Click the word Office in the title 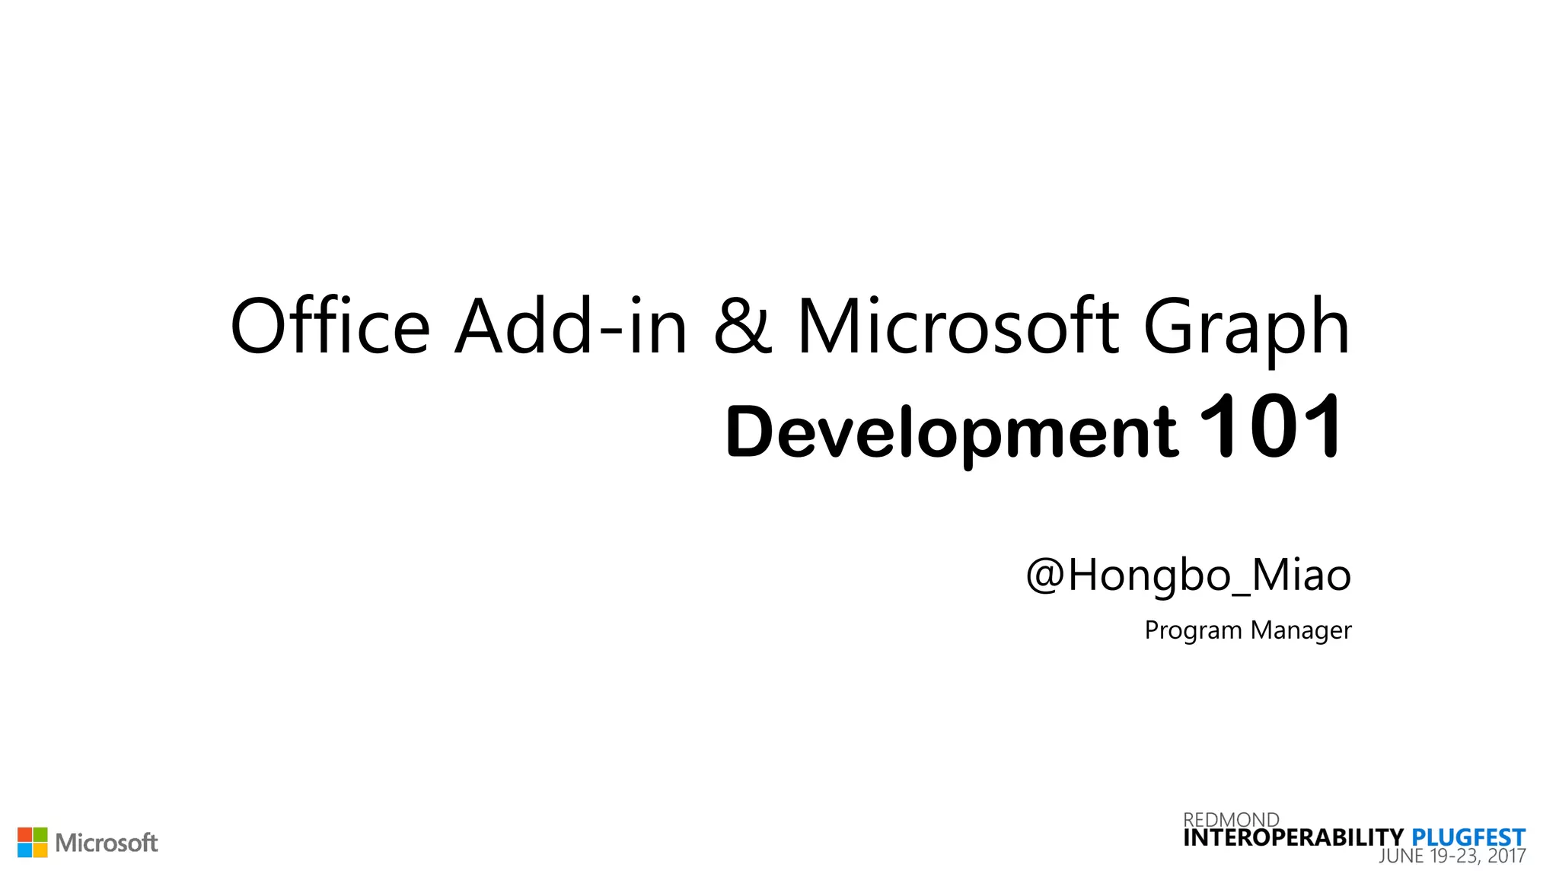[x=330, y=327]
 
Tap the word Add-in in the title [x=571, y=327]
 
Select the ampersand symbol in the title [x=743, y=327]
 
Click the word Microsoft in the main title [x=958, y=327]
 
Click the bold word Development [x=952, y=432]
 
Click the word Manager [x=1301, y=631]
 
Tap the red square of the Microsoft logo [x=24, y=834]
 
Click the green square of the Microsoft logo [x=40, y=834]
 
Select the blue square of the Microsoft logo [x=24, y=850]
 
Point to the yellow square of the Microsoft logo [x=40, y=850]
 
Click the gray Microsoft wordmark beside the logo [x=107, y=843]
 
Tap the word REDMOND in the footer [x=1231, y=819]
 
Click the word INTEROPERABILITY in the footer [x=1293, y=838]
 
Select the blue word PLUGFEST [x=1468, y=838]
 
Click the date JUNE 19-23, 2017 [x=1452, y=856]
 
